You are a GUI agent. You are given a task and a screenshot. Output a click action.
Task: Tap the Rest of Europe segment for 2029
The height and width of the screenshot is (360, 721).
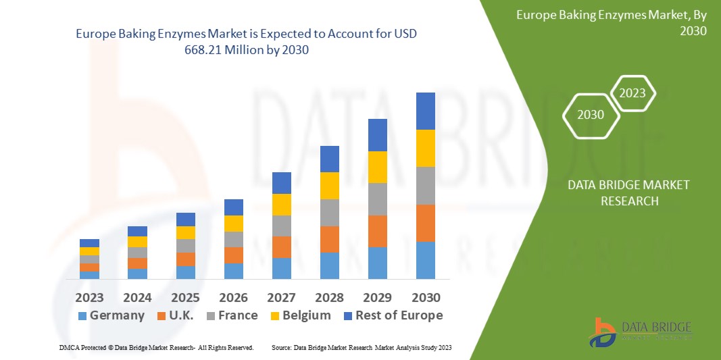377,134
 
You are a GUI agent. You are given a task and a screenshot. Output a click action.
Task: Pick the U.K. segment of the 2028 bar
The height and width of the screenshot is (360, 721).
329,239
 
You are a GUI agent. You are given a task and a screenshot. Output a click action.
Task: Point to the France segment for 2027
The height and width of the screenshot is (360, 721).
281,226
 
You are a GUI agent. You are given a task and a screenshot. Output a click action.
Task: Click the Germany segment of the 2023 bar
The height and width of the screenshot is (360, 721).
89,275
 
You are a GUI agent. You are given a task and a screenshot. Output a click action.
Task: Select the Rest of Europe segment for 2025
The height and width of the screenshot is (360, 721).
185,220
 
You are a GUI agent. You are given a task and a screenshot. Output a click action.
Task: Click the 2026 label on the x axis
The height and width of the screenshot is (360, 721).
233,298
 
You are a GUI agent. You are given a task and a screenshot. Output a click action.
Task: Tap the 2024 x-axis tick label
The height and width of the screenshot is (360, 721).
137,298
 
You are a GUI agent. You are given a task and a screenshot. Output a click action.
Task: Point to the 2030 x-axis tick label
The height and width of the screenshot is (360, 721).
425,298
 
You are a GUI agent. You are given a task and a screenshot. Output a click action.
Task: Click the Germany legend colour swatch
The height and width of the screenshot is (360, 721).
82,316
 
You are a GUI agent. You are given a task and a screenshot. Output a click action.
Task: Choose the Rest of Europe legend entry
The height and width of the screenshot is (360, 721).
392,315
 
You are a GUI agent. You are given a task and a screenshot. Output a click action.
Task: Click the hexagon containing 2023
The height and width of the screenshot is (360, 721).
632,93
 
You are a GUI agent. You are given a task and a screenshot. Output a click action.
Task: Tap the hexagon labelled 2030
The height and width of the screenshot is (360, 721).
591,115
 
